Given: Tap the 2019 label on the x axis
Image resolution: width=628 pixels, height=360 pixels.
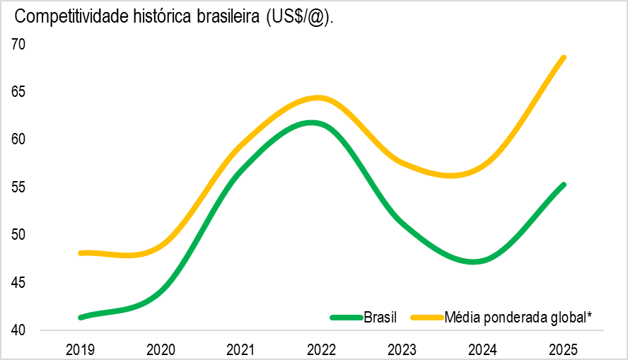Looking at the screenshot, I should pos(80,349).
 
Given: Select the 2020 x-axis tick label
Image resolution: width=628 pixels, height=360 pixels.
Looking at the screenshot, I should pos(161,349).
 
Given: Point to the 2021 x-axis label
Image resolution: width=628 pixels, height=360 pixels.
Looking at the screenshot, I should pos(241,349).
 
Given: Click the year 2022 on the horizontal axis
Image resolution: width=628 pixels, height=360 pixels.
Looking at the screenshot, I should pos(322,349).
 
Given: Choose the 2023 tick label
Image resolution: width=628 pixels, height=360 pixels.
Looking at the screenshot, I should pos(402,349).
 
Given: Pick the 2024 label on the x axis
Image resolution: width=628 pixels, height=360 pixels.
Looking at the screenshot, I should pos(483,349).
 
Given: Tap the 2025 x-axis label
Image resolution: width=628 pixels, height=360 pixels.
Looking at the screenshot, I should pos(564,349).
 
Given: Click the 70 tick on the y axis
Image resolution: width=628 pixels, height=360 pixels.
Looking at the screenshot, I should pos(18,45).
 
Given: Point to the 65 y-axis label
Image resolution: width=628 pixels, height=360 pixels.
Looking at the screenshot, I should pos(18,92).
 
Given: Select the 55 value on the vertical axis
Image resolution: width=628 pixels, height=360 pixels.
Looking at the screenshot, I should pos(18,187).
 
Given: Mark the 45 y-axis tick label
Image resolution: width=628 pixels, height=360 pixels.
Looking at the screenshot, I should pos(18,283).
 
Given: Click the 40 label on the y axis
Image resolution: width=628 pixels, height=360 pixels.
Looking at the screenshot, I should pos(18,330).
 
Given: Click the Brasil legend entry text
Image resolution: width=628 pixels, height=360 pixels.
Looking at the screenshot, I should pos(380,318).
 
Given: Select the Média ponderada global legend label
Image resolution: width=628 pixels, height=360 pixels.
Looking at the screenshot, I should pos(517,318).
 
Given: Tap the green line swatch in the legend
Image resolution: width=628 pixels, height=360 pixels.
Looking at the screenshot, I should pos(347,318).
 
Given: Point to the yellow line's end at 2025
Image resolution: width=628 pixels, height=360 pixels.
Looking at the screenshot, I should pos(564,57).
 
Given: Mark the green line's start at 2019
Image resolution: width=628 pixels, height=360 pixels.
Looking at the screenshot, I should pos(81,318).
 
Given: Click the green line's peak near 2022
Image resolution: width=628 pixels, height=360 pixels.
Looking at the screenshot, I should pos(311,122).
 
